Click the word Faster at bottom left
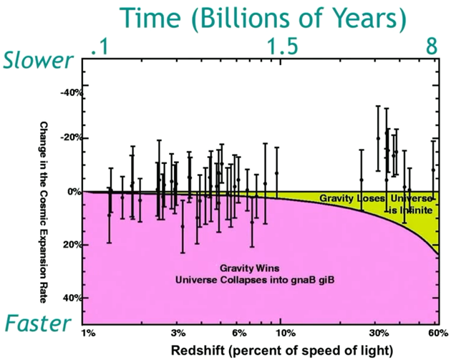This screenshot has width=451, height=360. [37, 323]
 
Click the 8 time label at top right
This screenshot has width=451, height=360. [431, 47]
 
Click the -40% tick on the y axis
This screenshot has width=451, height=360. [70, 92]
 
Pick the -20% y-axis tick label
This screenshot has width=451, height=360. [70, 137]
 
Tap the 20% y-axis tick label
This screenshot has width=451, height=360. [72, 245]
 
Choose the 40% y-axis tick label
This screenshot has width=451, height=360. [72, 298]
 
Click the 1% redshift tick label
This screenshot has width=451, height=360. [89, 334]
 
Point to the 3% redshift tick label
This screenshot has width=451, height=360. [179, 334]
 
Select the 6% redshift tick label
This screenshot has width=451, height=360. [240, 334]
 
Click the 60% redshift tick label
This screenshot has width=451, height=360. [437, 334]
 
